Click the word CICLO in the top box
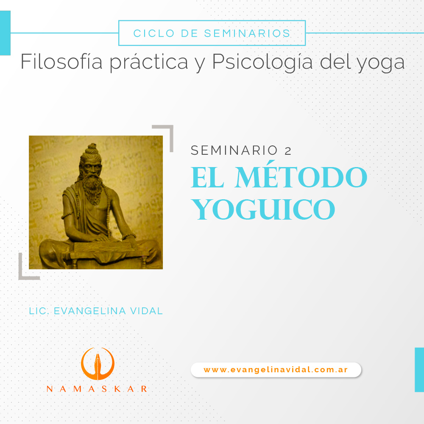(x=154, y=33)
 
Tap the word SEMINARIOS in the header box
(x=247, y=33)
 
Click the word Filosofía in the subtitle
(x=61, y=61)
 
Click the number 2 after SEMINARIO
(x=288, y=151)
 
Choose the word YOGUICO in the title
(x=263, y=209)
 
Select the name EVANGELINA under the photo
(x=90, y=311)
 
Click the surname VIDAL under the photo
(x=146, y=311)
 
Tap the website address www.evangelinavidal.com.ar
(x=276, y=370)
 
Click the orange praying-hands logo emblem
(x=98, y=364)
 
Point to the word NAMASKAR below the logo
(x=97, y=389)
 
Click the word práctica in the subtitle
(x=149, y=63)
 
